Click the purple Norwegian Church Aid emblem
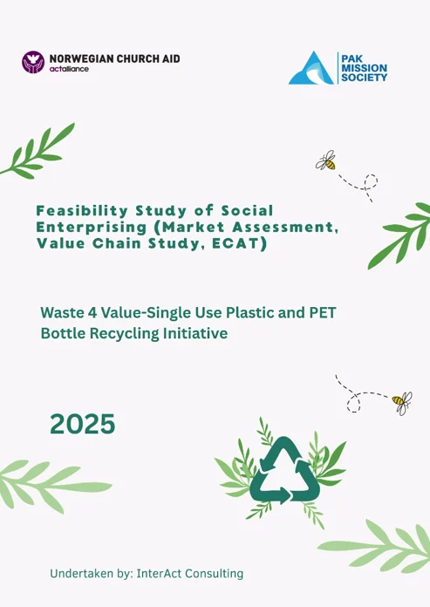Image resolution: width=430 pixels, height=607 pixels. click(x=33, y=62)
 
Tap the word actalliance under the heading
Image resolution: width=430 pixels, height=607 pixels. click(x=69, y=69)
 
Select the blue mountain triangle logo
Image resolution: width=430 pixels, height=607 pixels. click(x=311, y=68)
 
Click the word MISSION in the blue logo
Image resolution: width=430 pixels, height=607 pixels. click(x=364, y=68)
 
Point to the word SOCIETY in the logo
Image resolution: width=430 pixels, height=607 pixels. click(x=364, y=78)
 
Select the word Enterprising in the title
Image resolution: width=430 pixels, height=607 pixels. click(x=92, y=228)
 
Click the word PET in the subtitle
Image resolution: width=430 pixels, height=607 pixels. click(x=322, y=312)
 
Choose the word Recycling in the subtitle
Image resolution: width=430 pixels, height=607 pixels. click(x=124, y=333)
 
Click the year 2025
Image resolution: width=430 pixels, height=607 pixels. click(x=83, y=424)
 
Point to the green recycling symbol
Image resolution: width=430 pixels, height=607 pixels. click(x=285, y=470)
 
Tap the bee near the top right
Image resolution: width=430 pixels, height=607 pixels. click(x=326, y=160)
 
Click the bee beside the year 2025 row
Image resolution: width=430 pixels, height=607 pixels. click(x=402, y=403)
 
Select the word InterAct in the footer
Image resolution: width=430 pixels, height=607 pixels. click(x=159, y=573)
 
